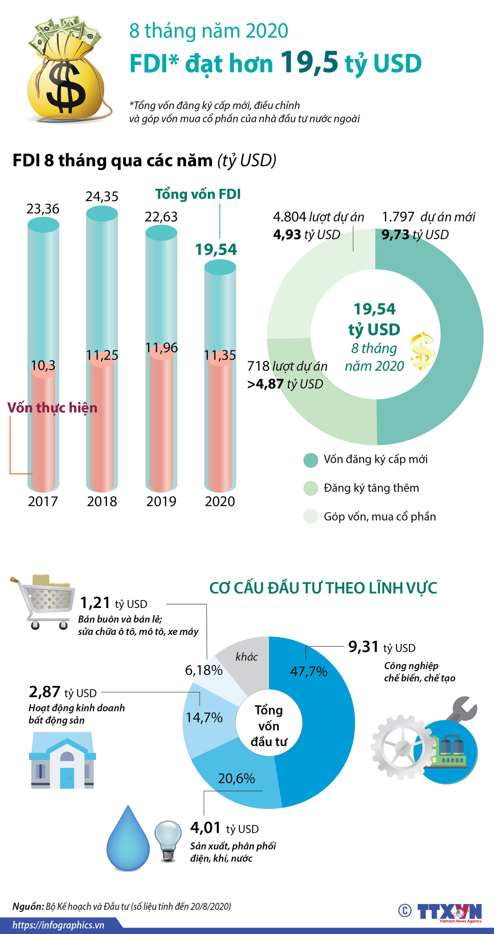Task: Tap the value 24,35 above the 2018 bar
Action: point(102,196)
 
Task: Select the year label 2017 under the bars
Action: point(43,502)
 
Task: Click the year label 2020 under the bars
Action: point(220,502)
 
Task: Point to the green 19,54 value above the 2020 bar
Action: point(216,250)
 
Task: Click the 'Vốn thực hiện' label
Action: point(52,408)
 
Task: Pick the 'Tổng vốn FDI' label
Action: point(198,194)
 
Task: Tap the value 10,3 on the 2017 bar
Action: point(43,366)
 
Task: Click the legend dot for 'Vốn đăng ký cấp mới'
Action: point(311,460)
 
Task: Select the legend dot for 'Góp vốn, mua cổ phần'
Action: point(311,516)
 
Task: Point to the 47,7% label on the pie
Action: point(309,671)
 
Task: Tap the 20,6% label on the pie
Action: point(236,779)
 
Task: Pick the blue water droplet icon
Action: point(128,840)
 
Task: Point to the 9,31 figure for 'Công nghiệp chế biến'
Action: point(364,647)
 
